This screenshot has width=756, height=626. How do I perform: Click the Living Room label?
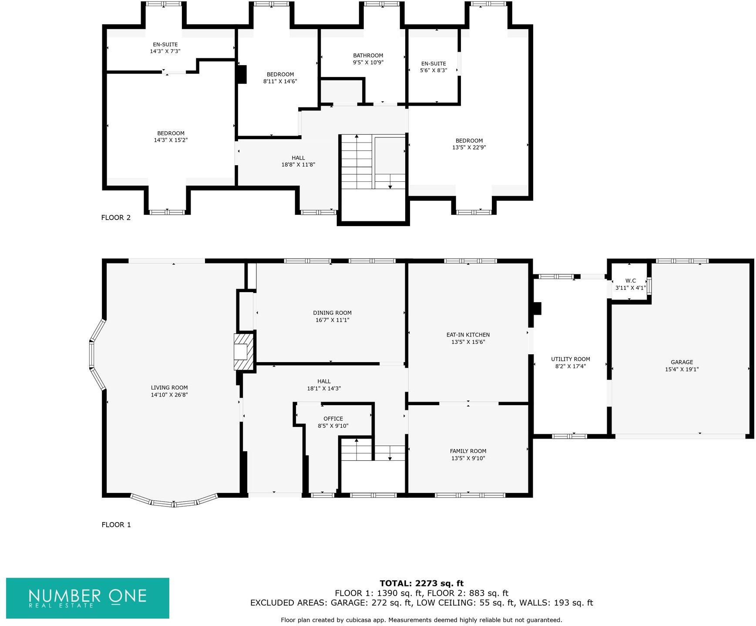tap(169, 388)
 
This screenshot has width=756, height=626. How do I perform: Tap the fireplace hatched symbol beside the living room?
tap(244, 352)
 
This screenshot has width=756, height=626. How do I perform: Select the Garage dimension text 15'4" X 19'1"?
tap(682, 369)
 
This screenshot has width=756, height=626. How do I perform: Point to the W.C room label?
tap(630, 281)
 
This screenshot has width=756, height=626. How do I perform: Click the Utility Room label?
tap(570, 359)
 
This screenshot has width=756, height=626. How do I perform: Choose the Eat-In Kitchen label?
tap(468, 335)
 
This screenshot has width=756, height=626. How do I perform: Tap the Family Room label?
tap(468, 451)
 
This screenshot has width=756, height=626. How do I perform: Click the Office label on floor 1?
tap(333, 419)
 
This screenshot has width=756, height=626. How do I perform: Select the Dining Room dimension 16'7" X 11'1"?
tap(332, 320)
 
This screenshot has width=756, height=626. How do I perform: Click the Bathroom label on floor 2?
tap(368, 56)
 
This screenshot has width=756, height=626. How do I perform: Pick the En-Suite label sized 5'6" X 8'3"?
tap(433, 63)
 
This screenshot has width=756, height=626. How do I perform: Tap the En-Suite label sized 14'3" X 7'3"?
tap(165, 44)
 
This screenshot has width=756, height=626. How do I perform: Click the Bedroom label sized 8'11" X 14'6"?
tap(280, 74)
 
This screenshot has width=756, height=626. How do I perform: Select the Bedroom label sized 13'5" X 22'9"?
tap(469, 140)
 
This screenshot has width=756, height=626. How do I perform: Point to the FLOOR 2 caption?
tap(116, 217)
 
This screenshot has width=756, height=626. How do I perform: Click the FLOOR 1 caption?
tap(116, 525)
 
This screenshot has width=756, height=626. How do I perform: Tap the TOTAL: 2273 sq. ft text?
tap(421, 583)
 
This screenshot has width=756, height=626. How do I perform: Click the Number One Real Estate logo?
tap(87, 598)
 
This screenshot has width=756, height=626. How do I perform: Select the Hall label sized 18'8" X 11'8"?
tap(298, 158)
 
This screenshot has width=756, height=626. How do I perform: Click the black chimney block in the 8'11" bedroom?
tap(242, 74)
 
